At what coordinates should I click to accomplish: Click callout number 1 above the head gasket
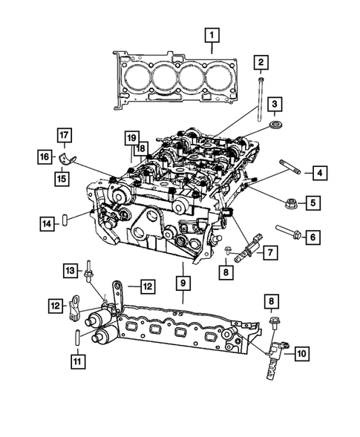tap(213, 35)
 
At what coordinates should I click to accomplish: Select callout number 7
tap(270, 253)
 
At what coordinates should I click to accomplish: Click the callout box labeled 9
tap(182, 283)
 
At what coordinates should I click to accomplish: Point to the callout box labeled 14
tap(46, 221)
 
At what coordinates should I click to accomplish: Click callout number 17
tap(65, 135)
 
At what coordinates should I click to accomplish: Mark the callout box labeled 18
tap(140, 148)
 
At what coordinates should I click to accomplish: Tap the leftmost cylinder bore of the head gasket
tap(134, 75)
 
